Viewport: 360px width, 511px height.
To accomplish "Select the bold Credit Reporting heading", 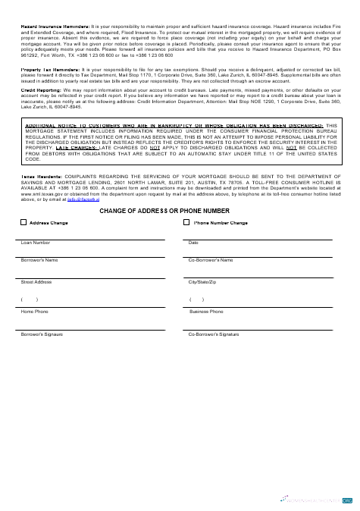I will click(x=41, y=89).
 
